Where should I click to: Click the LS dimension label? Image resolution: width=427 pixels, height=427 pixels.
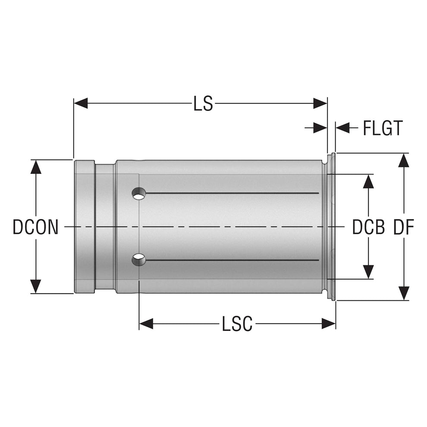pos(203,104)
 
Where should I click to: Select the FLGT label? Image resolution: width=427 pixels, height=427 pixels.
pos(382,128)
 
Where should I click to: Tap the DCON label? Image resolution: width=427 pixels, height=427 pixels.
pos(35,227)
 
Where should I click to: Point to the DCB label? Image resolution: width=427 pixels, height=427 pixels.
pos(368,227)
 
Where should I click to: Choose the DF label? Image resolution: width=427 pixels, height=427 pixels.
pos(403,227)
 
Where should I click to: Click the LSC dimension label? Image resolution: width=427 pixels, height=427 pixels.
pos(237,324)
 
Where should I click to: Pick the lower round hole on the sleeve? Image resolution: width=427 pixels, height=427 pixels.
pos(139,259)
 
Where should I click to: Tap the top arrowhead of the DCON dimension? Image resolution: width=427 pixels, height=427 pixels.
pos(36,167)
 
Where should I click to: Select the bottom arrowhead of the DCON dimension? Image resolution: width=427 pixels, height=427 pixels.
pos(36,286)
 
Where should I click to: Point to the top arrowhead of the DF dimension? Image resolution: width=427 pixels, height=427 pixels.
pos(403,160)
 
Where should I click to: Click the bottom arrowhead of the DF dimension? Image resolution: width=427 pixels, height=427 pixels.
pos(403,293)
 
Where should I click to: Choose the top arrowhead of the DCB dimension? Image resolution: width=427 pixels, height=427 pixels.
pos(368,182)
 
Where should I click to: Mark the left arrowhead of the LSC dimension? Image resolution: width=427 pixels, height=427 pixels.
pos(146,324)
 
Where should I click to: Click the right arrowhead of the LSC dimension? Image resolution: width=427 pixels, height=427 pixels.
pos(329,324)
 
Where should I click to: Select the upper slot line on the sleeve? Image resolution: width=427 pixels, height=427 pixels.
pos(233,193)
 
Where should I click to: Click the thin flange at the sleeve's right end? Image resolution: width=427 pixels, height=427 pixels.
pos(332,226)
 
